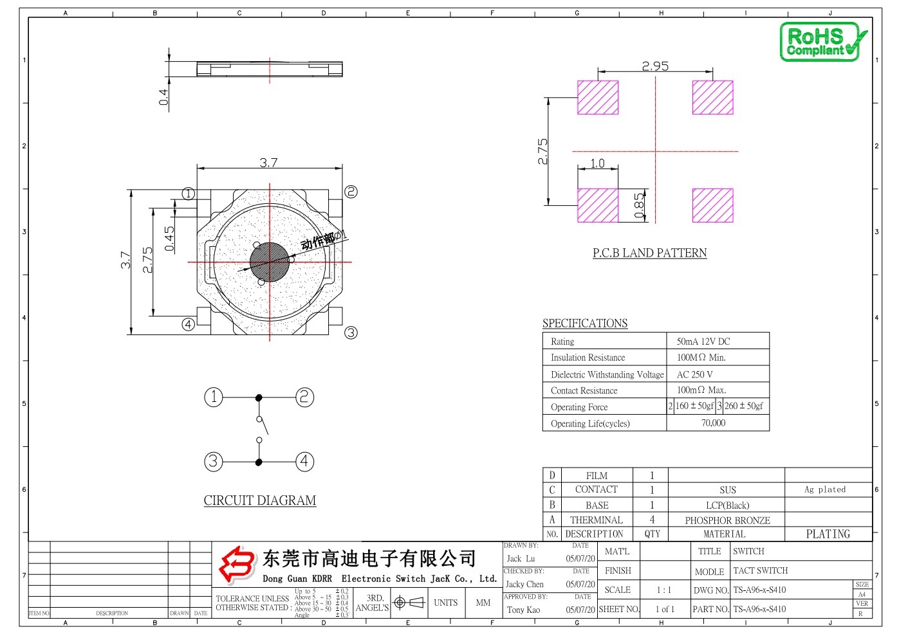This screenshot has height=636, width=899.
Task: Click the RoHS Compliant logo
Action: click(822, 42)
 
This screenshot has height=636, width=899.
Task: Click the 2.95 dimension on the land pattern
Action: click(655, 66)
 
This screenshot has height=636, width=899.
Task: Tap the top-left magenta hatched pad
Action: click(598, 97)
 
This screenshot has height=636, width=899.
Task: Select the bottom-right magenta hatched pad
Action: click(712, 205)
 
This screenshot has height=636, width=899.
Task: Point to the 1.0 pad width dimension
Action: click(597, 163)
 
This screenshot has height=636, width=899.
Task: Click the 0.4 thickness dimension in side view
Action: click(163, 97)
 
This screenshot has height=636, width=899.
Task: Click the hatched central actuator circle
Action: click(270, 262)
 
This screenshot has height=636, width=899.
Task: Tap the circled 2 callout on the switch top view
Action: click(351, 192)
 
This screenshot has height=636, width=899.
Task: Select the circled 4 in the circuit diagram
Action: click(304, 461)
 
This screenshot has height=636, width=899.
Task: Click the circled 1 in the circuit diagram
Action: click(214, 397)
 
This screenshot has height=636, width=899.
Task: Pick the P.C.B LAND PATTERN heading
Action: click(649, 253)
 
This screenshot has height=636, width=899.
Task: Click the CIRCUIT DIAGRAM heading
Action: click(260, 500)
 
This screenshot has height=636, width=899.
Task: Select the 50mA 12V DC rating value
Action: click(703, 341)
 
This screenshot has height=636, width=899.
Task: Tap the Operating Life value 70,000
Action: click(713, 423)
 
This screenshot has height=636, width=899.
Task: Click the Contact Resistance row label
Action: click(584, 390)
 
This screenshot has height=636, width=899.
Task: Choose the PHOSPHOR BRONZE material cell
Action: click(727, 520)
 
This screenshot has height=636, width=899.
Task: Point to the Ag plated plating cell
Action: click(825, 489)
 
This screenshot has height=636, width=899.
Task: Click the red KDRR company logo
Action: click(237, 564)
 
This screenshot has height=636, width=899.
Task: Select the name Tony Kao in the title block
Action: click(523, 610)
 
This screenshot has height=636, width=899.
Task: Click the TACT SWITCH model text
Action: click(760, 570)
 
